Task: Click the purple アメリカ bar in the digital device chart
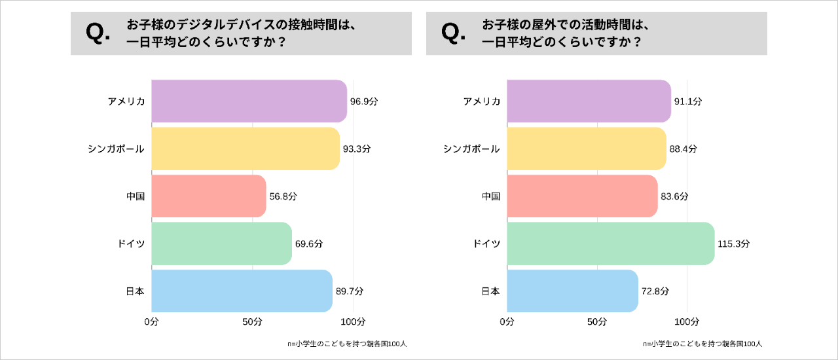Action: pos(249,101)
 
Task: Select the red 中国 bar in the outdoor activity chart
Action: pos(581,196)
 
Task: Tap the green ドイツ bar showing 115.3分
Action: pos(610,243)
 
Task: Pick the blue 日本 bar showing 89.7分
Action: pos(242,291)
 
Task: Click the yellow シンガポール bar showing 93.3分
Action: pos(246,149)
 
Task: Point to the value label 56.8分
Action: pos(283,196)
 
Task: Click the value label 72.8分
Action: pos(655,291)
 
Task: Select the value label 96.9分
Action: pos(364,101)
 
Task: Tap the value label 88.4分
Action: pos(683,149)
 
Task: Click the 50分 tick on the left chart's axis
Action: pos(252,322)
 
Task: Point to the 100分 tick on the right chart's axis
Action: pos(687,322)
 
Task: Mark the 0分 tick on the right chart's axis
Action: pos(507,322)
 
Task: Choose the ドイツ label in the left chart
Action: pos(132,243)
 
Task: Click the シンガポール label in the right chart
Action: pos(471,149)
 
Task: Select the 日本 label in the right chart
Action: pos(490,291)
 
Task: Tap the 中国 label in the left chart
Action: pos(136,196)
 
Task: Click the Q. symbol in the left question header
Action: pos(98,33)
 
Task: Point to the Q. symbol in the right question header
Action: pos(454,33)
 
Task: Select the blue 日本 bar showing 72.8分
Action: pos(572,291)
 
